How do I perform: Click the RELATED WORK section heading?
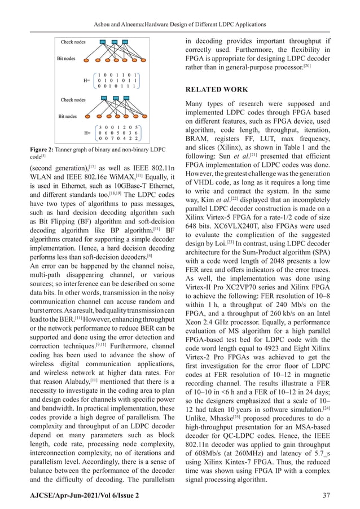point(218,89)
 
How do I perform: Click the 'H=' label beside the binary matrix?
point(87,81)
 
